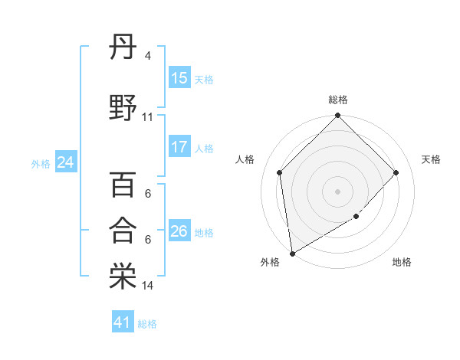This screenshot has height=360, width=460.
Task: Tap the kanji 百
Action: tap(123, 185)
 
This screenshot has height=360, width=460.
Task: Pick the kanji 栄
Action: tap(123, 277)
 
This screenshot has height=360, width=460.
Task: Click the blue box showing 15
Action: tap(179, 78)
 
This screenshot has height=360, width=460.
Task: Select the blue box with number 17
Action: tap(179, 147)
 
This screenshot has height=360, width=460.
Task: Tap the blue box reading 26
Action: tap(179, 231)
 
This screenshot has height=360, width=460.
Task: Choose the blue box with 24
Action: tap(65, 162)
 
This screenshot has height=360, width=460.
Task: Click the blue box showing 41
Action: tap(123, 322)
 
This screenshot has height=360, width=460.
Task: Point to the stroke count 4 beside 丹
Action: tap(148, 56)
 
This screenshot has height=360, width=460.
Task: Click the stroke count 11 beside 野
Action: tap(148, 117)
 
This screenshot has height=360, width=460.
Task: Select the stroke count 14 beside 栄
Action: tap(148, 286)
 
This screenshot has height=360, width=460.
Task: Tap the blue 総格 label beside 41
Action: tap(147, 324)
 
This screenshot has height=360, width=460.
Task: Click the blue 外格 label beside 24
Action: tap(41, 163)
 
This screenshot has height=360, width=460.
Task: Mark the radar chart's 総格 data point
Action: tap(337, 116)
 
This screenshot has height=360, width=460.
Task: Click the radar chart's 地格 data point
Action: tap(356, 217)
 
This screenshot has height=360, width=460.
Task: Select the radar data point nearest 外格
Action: tap(292, 254)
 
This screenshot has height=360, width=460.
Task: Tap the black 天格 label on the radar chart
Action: tap(431, 159)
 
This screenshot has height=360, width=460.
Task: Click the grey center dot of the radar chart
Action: tap(337, 191)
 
